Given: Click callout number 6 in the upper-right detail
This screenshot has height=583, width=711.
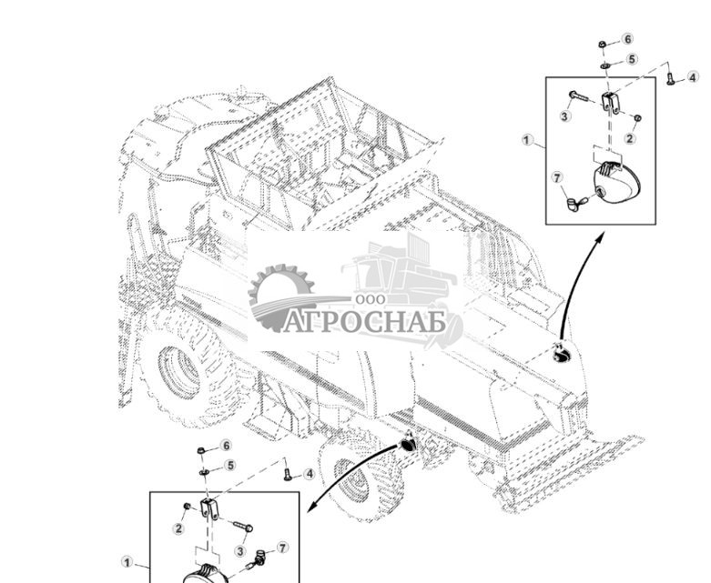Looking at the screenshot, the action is [x=627, y=39].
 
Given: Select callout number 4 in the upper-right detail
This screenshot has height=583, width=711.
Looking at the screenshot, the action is [x=694, y=76].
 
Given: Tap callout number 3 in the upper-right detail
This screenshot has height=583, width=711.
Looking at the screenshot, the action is [x=565, y=116].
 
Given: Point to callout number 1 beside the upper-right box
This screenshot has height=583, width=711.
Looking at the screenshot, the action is [x=527, y=140].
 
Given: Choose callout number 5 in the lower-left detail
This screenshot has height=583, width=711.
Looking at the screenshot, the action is [x=230, y=465].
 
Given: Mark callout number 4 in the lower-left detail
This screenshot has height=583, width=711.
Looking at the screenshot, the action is [x=310, y=474].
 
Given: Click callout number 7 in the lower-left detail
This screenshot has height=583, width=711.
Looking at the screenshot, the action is [x=282, y=548].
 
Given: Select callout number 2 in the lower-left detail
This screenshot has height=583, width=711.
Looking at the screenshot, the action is [x=179, y=528].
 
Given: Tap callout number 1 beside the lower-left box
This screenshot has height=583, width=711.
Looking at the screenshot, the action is [x=127, y=562].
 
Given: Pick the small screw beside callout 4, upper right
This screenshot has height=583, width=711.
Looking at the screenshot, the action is [x=670, y=80].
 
